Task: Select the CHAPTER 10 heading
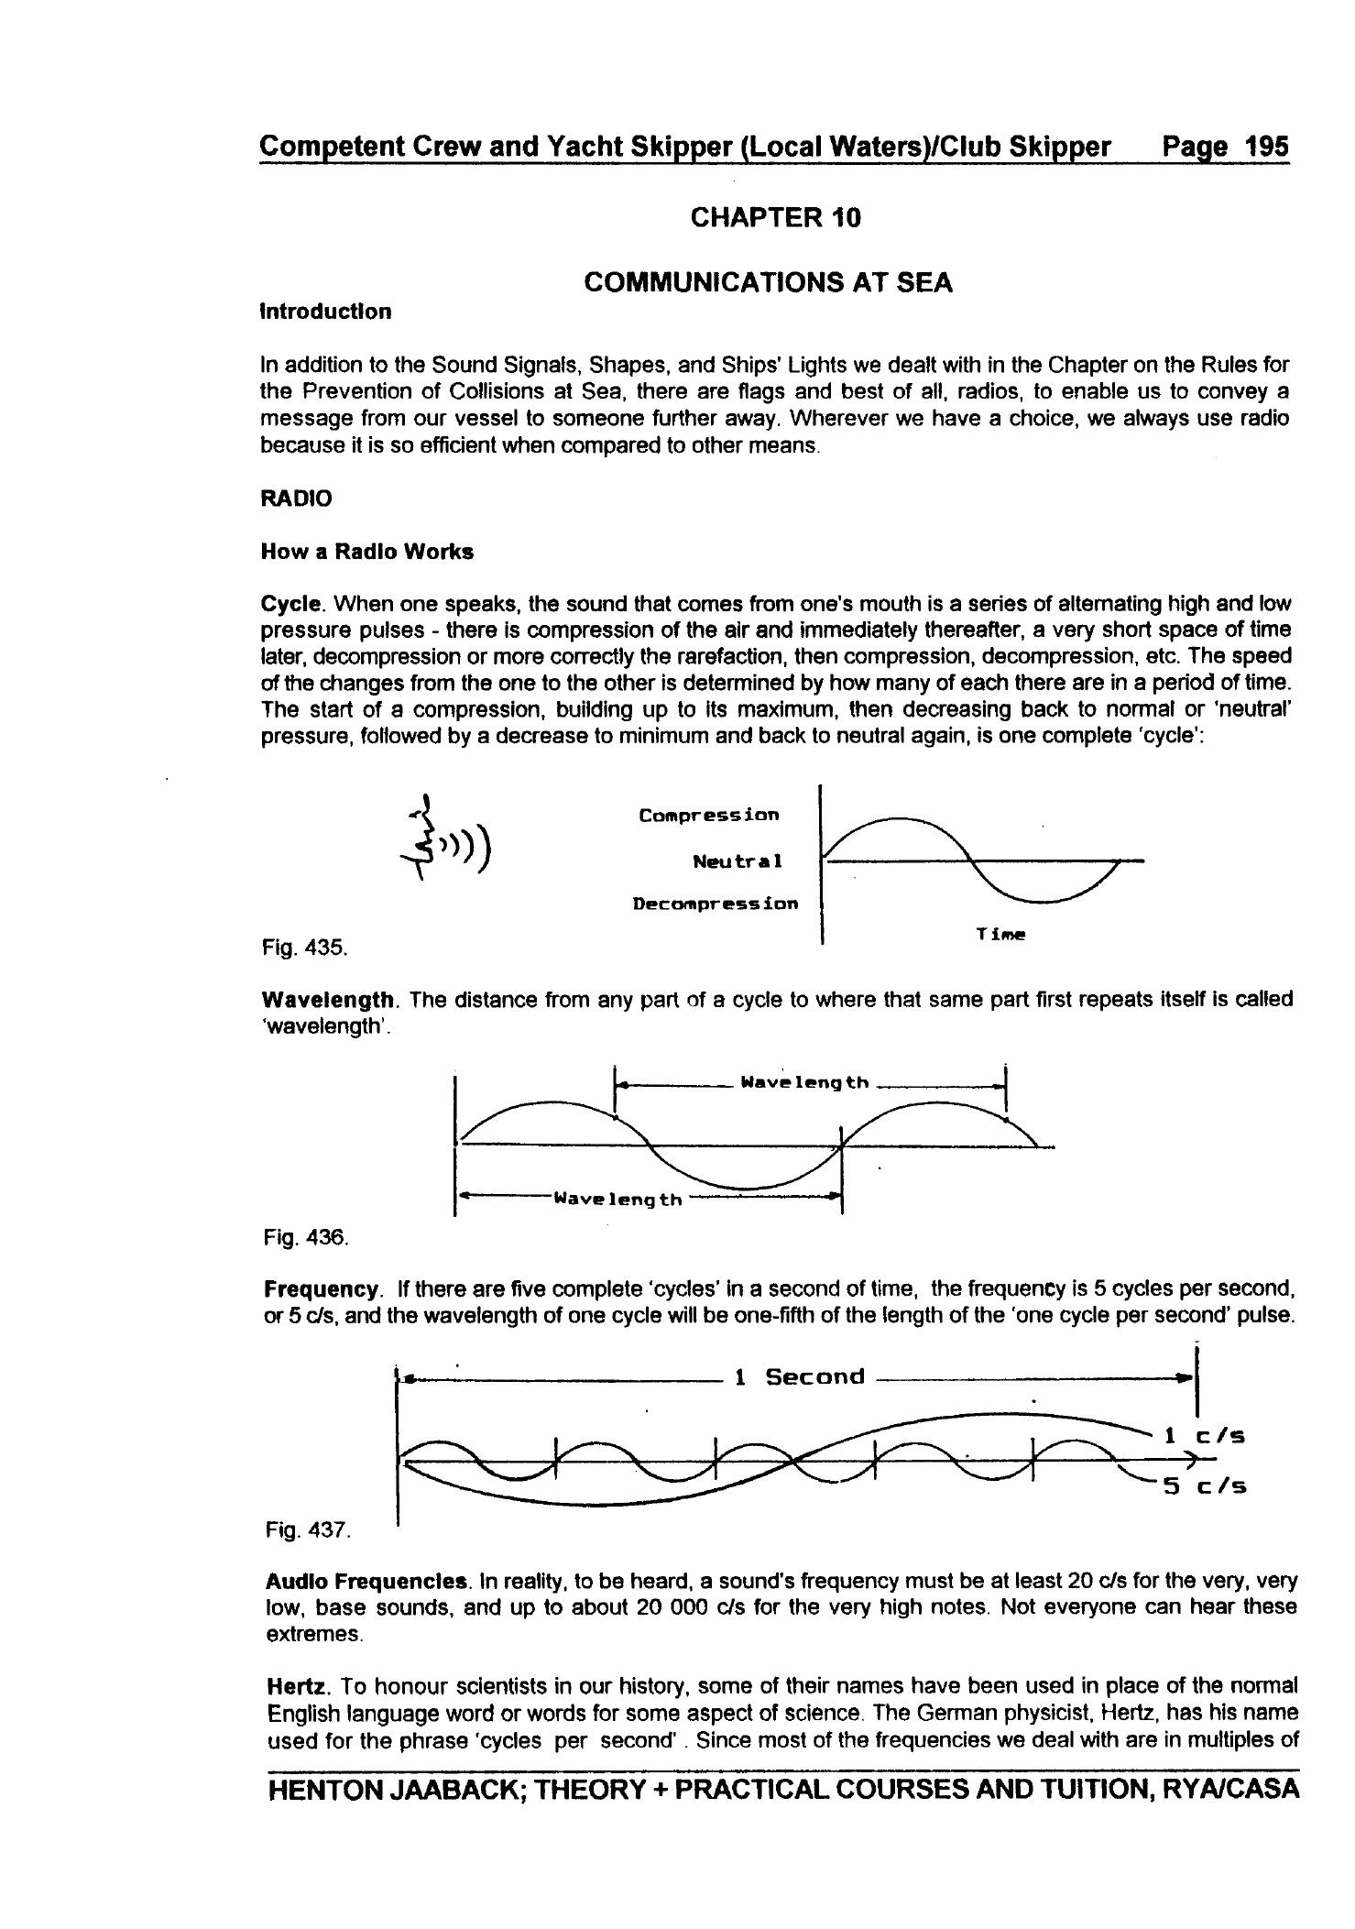[x=775, y=218]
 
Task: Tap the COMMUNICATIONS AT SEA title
[x=768, y=283]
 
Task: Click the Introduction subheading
[x=326, y=312]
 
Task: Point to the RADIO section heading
[x=296, y=499]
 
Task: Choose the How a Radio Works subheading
[x=367, y=552]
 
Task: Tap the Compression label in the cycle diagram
[x=709, y=815]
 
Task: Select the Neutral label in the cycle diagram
[x=738, y=861]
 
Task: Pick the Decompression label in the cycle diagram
[x=715, y=904]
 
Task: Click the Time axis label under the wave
[x=1000, y=934]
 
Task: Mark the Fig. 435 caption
[x=304, y=947]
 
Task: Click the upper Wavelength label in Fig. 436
[x=804, y=1082]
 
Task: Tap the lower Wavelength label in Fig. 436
[x=618, y=1199]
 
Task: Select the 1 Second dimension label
[x=800, y=1376]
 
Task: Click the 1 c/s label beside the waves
[x=1204, y=1436]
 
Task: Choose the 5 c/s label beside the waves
[x=1204, y=1486]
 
